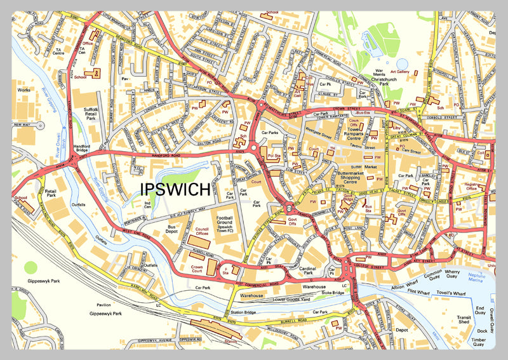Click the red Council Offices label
(203, 231)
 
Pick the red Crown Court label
(201, 269)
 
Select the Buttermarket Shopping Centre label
(359, 175)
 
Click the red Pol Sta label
(274, 155)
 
